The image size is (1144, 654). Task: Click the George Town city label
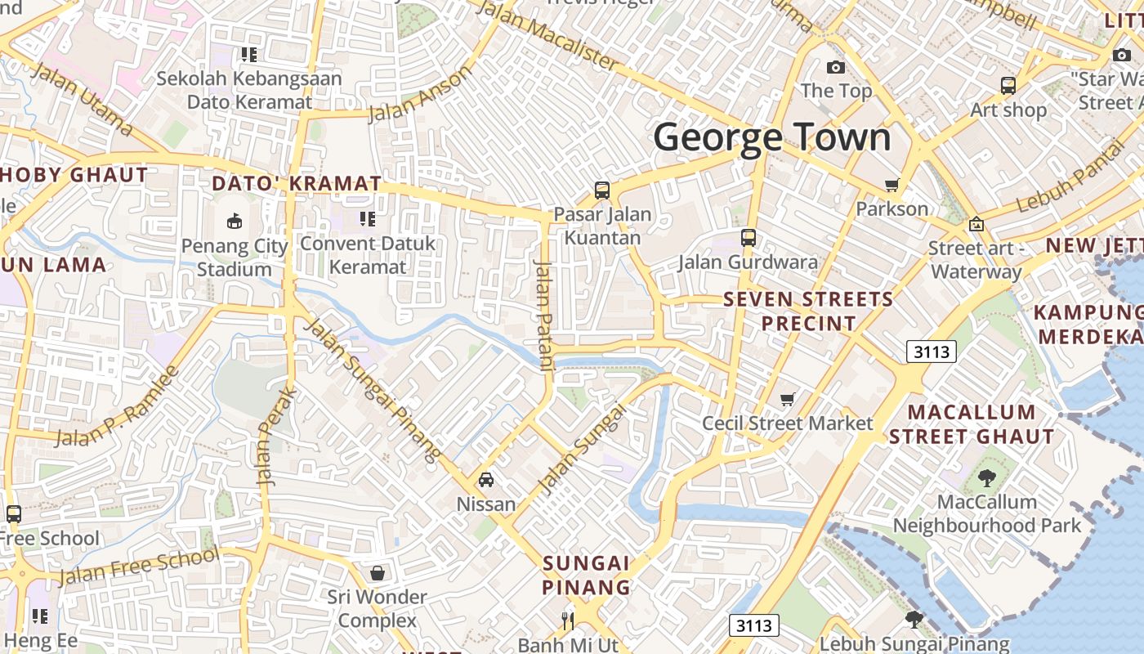point(771,137)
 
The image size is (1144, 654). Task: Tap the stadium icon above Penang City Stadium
point(235,221)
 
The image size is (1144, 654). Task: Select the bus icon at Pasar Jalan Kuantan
point(602,190)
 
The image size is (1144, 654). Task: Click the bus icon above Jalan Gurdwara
point(748,238)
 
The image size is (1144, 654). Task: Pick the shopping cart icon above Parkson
point(892,186)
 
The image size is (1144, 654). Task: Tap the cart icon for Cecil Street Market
point(787,400)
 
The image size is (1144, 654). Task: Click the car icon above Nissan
point(486,480)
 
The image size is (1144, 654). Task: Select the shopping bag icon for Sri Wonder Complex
point(377,573)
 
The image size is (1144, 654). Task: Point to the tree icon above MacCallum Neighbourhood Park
point(986,478)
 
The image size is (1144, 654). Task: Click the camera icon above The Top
point(835,67)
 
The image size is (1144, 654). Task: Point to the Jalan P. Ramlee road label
point(116,407)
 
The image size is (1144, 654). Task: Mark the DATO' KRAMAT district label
point(297,183)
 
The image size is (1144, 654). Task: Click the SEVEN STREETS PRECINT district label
point(808,311)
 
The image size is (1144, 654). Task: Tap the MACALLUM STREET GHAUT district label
point(972,424)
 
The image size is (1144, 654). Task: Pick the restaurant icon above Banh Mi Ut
point(567,621)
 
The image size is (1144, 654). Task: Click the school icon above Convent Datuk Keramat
point(367,219)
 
